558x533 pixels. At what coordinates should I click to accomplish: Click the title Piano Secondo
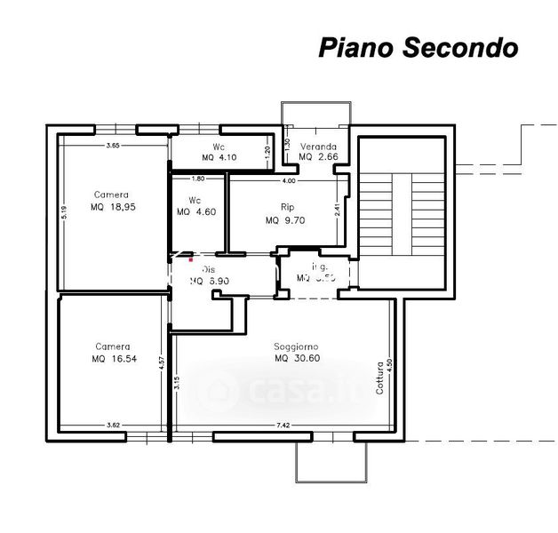tap(418, 47)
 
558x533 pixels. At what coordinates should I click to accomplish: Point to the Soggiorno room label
tap(296, 346)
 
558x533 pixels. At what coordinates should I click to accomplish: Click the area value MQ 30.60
tap(297, 358)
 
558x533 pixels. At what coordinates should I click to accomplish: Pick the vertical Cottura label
tap(379, 378)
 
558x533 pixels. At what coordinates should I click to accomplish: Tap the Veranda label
tap(317, 146)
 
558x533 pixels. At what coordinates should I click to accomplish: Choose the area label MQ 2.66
tap(317, 156)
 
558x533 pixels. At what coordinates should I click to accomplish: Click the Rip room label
tap(286, 207)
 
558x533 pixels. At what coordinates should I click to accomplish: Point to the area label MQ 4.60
tap(195, 211)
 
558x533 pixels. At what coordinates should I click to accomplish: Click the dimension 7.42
tap(283, 426)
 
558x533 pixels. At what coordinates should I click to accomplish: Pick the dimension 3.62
tap(113, 426)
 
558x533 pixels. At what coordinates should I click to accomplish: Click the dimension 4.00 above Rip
tap(288, 181)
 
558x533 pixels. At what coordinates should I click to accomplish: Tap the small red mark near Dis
tap(189, 259)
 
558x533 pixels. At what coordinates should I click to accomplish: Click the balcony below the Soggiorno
tap(331, 459)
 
